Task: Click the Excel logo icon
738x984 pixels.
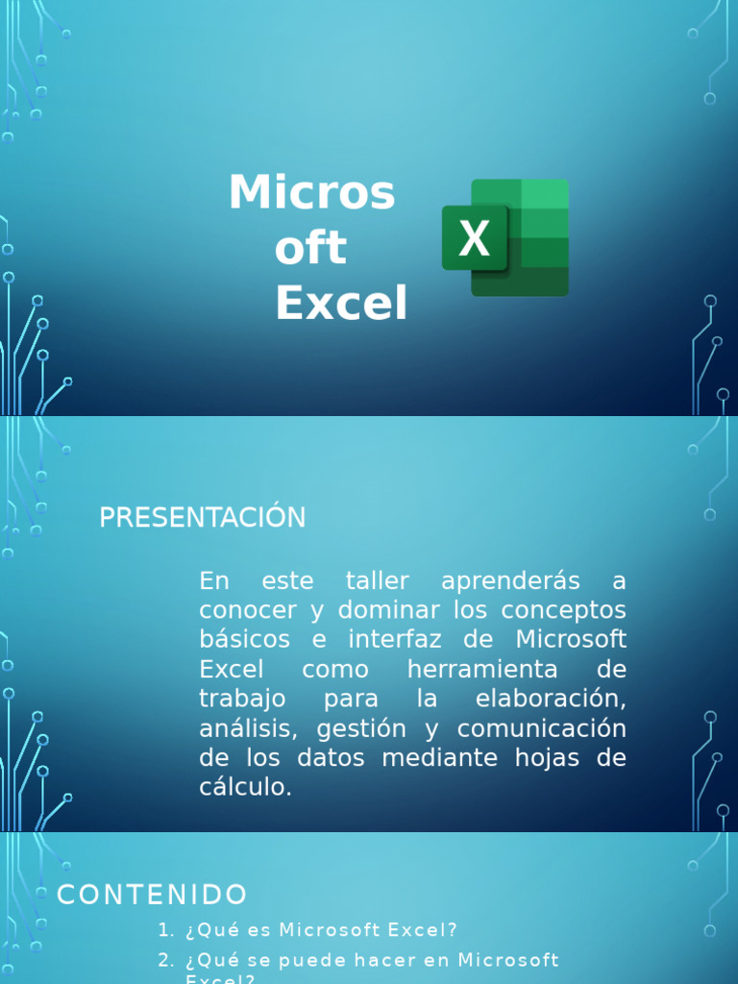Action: (x=505, y=237)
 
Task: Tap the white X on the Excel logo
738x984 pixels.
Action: (x=474, y=238)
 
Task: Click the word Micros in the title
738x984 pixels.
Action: (x=311, y=193)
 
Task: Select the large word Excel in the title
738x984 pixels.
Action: (x=341, y=304)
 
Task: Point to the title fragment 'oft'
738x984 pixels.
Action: (x=309, y=249)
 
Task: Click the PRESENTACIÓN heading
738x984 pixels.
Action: (x=202, y=518)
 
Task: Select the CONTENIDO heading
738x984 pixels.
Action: (x=152, y=896)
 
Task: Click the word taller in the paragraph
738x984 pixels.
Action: (x=377, y=581)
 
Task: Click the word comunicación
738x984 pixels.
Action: (x=541, y=728)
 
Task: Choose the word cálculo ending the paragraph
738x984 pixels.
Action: (x=244, y=788)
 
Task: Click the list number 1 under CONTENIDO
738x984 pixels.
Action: (x=165, y=930)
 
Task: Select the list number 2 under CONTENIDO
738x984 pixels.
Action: (x=165, y=960)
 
